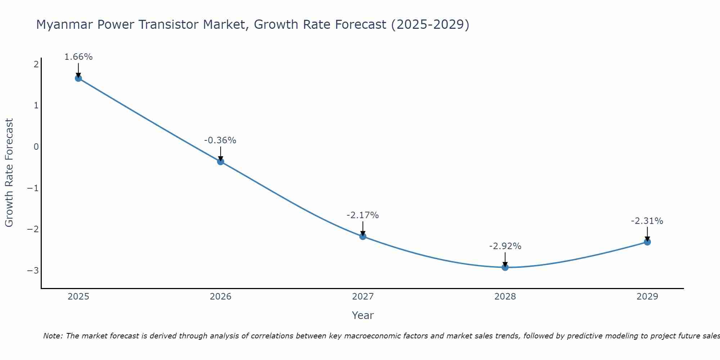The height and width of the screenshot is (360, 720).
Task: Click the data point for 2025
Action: tap(78, 78)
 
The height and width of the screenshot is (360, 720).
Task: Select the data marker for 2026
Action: tap(221, 162)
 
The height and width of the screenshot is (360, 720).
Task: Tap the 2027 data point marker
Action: tap(363, 236)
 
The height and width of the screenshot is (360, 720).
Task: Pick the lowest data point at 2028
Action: tap(505, 267)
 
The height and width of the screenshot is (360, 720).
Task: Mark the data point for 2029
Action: tap(647, 242)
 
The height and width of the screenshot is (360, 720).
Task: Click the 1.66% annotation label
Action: tap(78, 57)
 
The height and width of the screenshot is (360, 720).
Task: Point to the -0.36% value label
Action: tap(220, 140)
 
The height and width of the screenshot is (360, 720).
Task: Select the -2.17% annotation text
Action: tap(363, 215)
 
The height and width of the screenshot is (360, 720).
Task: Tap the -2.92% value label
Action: tap(505, 246)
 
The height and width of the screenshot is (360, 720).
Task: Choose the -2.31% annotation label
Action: tap(647, 221)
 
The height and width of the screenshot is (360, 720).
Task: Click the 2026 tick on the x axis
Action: tap(221, 297)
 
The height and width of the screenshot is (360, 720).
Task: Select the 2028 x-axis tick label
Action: tap(505, 297)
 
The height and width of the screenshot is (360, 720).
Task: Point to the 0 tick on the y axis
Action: tap(36, 147)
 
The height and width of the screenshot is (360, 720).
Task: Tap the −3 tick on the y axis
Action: tap(33, 270)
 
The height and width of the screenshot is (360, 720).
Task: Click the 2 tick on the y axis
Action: tap(36, 64)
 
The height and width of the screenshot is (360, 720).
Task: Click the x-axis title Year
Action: tap(363, 315)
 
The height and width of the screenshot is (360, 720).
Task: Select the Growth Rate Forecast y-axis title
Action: tap(9, 173)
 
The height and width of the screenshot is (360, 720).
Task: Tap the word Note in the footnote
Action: tap(53, 336)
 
